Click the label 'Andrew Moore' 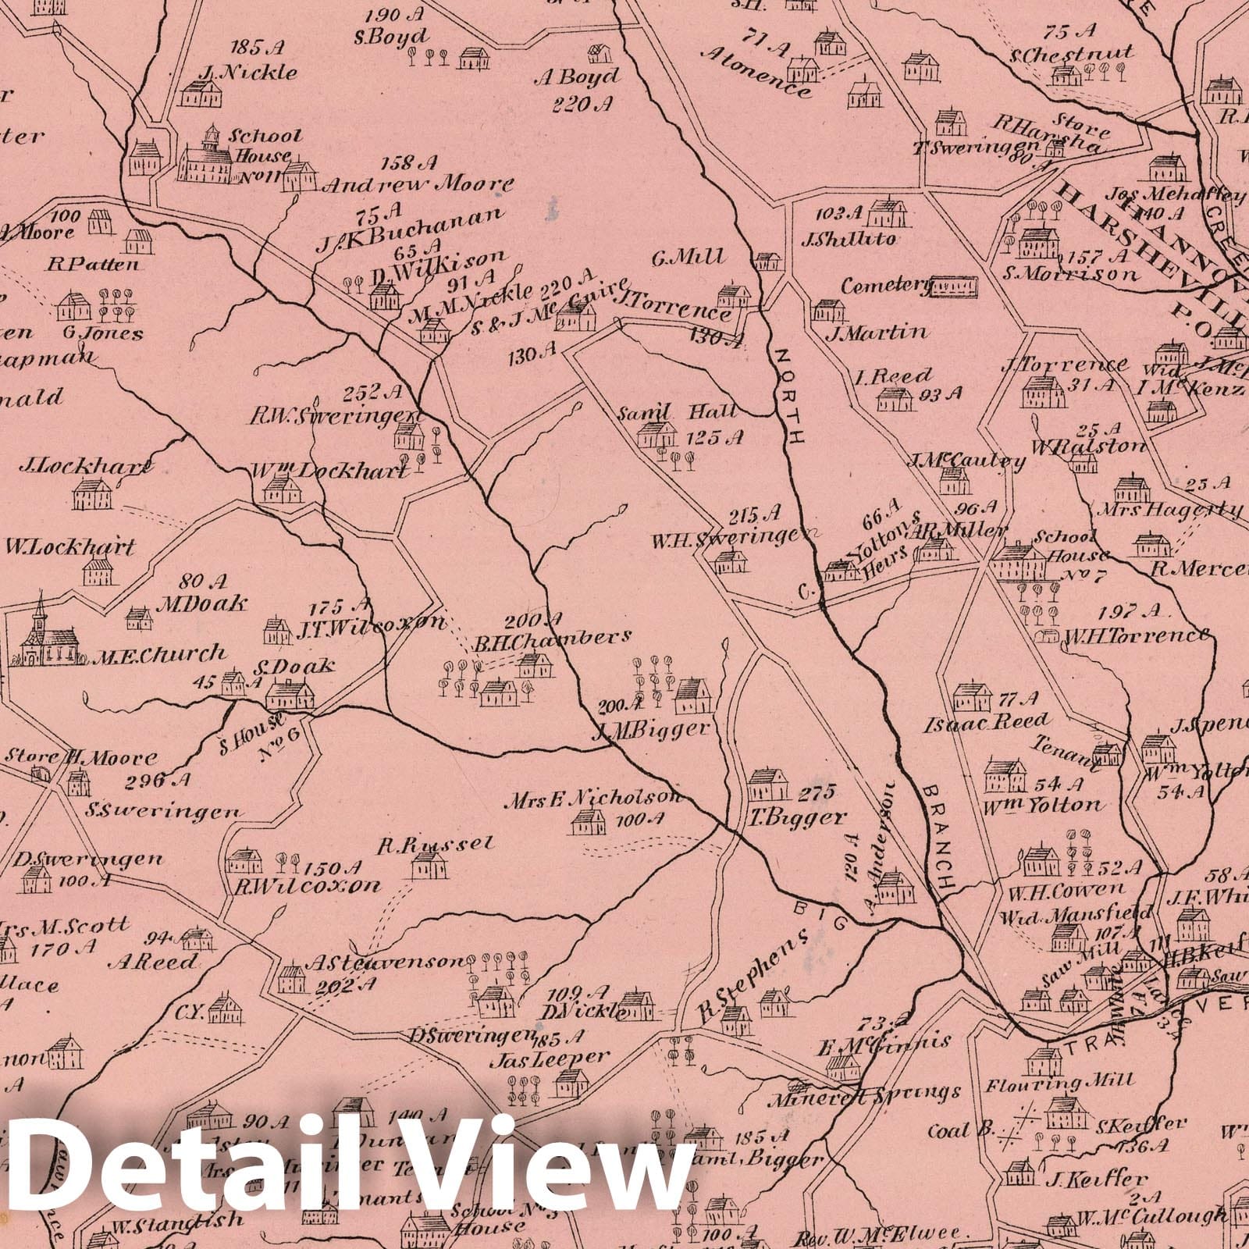tap(418, 186)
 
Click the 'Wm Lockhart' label tap(329, 472)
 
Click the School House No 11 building tap(207, 160)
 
